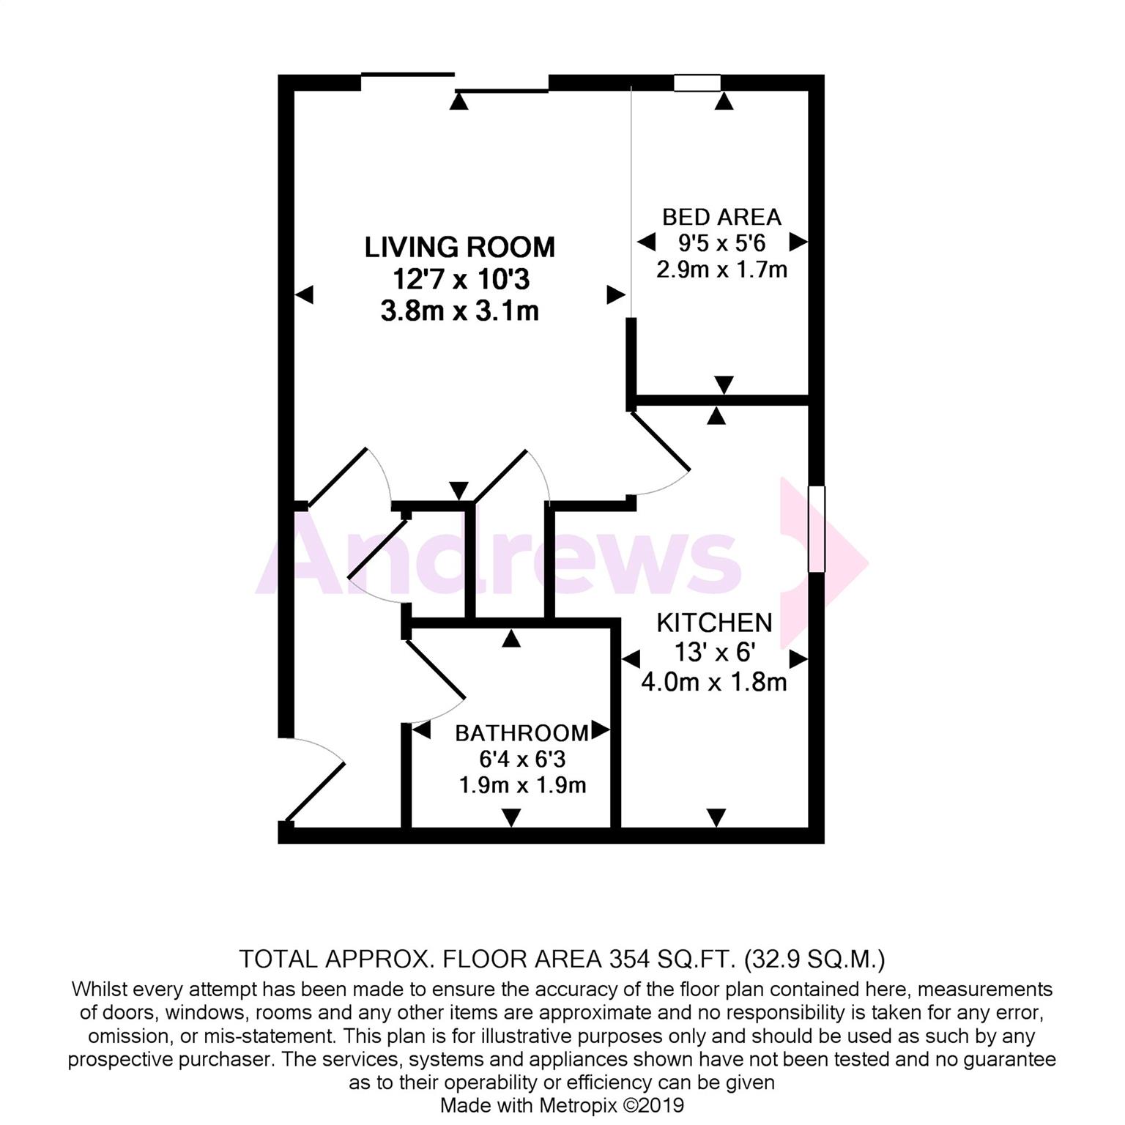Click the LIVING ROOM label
point(459,248)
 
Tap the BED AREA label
point(721,217)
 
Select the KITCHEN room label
point(714,623)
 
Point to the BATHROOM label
point(521,733)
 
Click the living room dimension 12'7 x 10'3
point(461,280)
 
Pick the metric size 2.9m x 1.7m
point(721,270)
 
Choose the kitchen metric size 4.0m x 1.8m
point(714,683)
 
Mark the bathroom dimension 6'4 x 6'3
point(521,760)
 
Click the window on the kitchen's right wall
point(817,529)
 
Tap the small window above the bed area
point(697,83)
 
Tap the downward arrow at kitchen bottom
point(716,817)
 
